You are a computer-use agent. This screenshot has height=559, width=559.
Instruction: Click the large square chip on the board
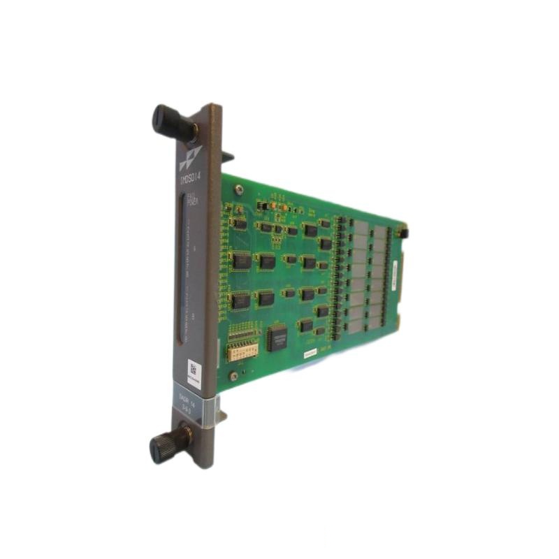[277, 337]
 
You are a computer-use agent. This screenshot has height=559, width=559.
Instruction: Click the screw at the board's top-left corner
[239, 189]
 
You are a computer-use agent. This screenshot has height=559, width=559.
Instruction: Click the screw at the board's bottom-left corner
[233, 375]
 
